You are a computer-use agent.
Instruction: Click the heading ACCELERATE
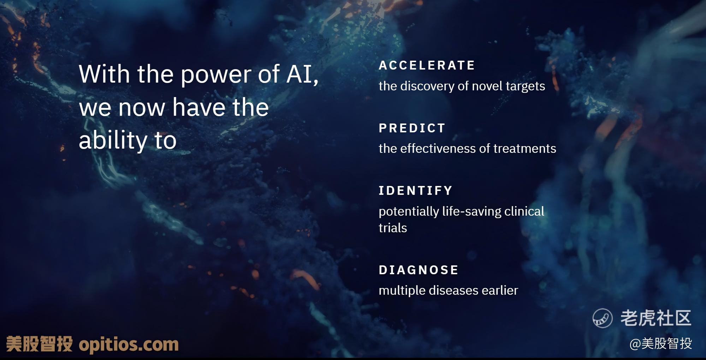coord(427,65)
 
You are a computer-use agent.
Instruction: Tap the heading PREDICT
coord(412,128)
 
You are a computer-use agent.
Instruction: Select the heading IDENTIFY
coord(415,191)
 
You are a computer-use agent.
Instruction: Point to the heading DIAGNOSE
coord(419,270)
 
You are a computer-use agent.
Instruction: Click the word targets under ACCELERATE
coord(525,86)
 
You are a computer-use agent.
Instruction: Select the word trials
coord(393,228)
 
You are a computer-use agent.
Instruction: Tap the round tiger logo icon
coord(603,318)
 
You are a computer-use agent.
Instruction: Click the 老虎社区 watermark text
coord(656,318)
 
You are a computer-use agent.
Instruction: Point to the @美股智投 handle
coord(660,343)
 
